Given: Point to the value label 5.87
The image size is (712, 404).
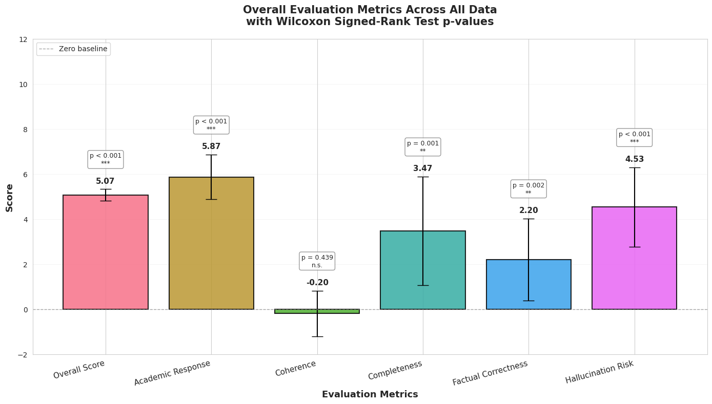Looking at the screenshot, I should point(211,146).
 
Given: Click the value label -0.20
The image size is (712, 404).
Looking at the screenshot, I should point(317,283).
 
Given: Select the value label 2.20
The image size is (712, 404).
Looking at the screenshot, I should point(528,210).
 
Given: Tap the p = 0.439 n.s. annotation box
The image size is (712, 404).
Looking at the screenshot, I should point(317,261).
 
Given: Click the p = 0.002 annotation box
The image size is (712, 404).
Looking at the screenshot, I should point(528,189).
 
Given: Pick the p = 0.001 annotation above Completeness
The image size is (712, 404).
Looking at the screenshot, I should point(422,147).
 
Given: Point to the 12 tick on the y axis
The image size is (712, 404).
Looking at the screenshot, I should point(23,39).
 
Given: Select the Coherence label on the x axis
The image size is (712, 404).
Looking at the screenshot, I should point(296,368).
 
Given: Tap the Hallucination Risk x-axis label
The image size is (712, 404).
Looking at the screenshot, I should point(599,372).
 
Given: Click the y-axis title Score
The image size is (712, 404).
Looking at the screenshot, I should point(10,197).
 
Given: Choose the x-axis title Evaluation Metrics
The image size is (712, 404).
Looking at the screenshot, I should point(370,394).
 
